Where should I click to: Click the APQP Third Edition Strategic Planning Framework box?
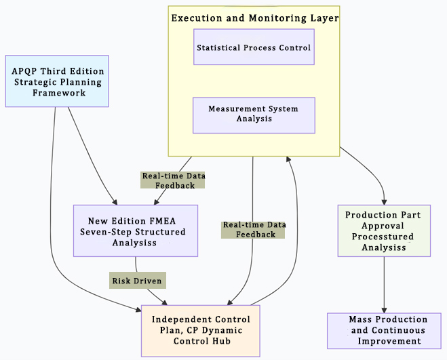pyautogui.click(x=57, y=81)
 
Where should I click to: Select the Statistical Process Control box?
pyautogui.click(x=254, y=47)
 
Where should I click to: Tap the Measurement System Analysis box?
pyautogui.click(x=254, y=114)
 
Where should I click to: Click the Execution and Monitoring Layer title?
pyautogui.click(x=254, y=18)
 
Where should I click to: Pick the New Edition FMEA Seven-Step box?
pyautogui.click(x=136, y=231)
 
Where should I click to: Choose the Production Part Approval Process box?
pyautogui.click(x=384, y=231)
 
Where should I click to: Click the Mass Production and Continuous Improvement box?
pyautogui.click(x=388, y=330)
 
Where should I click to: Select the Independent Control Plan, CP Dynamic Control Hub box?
pyautogui.click(x=200, y=330)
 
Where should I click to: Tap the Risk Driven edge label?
pyautogui.click(x=138, y=279)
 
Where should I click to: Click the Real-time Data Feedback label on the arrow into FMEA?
pyautogui.click(x=173, y=180)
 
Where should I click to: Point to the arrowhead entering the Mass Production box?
pyautogui.click(x=385, y=309)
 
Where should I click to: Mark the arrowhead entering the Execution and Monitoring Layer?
pyautogui.click(x=290, y=160)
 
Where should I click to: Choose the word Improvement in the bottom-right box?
pyautogui.click(x=388, y=341)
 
